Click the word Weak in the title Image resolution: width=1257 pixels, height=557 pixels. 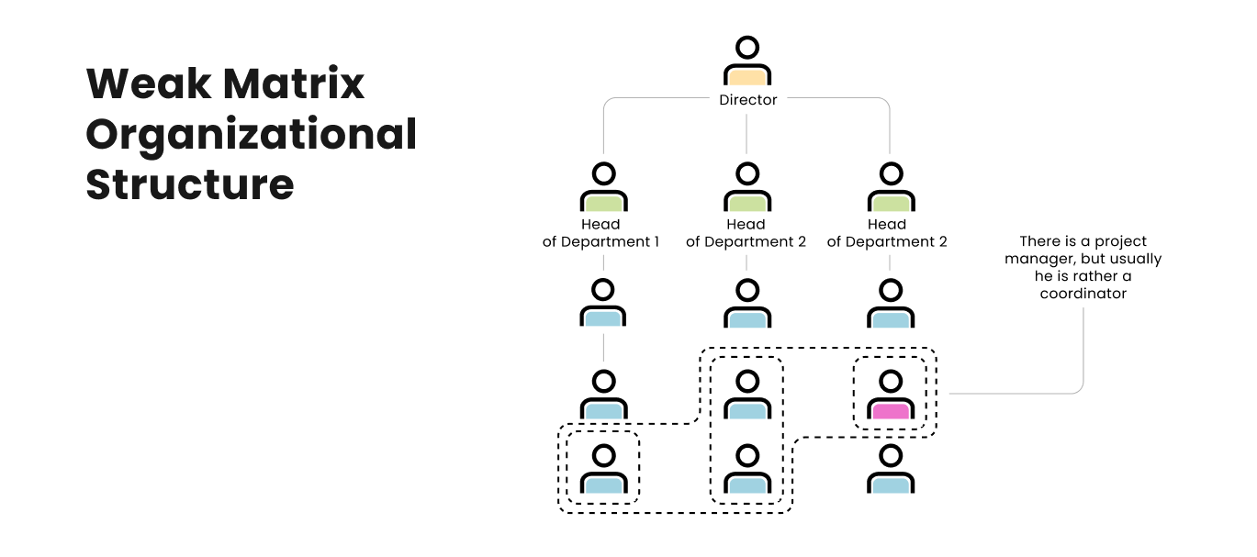click(x=147, y=84)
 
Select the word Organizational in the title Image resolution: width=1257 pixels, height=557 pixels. click(x=252, y=135)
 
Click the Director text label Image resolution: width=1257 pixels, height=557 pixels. click(x=748, y=100)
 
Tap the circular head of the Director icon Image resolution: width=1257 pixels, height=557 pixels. click(x=747, y=47)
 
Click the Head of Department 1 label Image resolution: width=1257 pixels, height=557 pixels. click(x=601, y=233)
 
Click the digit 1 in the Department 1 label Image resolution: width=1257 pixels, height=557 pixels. click(x=656, y=242)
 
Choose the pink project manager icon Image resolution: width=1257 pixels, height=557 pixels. click(x=890, y=396)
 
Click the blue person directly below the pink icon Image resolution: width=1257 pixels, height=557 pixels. click(x=890, y=470)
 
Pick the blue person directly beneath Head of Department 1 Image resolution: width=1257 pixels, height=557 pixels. click(x=603, y=305)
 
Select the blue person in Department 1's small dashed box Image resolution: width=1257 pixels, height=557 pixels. click(x=603, y=470)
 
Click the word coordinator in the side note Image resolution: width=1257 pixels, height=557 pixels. click(x=1083, y=294)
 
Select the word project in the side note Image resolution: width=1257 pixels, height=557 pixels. click(x=1120, y=241)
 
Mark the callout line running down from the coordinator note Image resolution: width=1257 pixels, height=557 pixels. click(x=1083, y=349)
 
